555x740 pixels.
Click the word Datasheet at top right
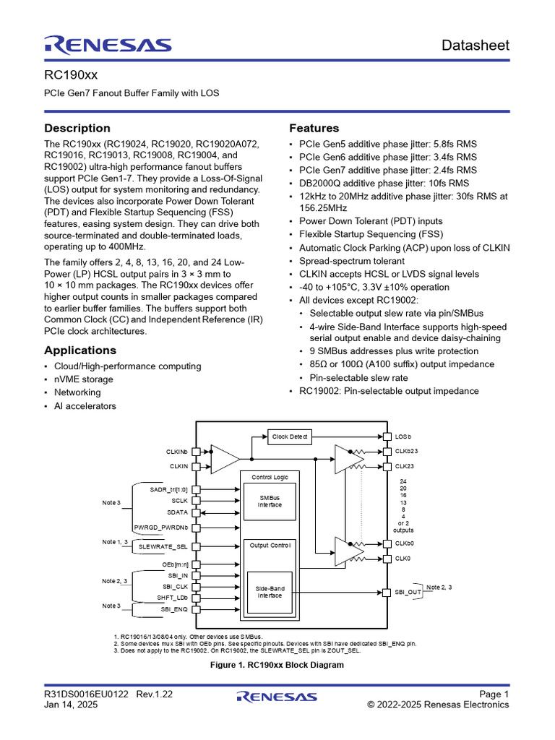476,45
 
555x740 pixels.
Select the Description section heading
77,128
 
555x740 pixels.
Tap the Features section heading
314,128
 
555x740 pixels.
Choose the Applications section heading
80,350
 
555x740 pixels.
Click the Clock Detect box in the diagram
289,436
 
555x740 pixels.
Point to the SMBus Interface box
270,502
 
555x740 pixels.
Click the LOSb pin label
403,436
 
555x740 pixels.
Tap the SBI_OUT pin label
408,592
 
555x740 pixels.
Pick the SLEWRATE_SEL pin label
163,547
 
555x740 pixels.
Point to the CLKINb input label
178,452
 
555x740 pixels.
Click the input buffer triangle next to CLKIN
223,459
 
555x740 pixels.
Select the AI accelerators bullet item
85,406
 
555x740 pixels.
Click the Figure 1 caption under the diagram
277,665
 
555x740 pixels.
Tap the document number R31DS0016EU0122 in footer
86,694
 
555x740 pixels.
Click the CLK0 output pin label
403,559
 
